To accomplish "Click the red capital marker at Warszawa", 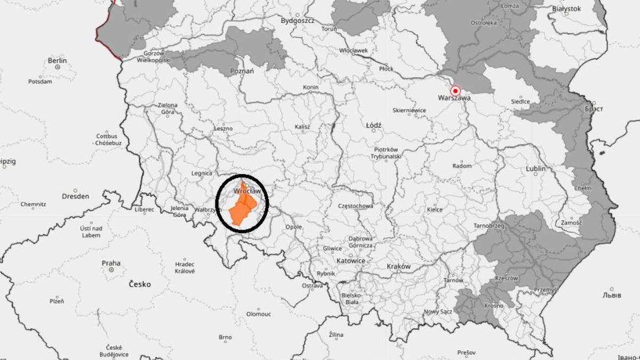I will (455, 90).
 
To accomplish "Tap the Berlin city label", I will (57, 61).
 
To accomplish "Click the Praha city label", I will (111, 263).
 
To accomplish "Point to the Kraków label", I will (399, 266).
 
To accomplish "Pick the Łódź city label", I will (374, 125).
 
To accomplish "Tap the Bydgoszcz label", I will (298, 21).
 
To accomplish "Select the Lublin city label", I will (535, 169).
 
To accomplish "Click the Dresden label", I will (75, 196).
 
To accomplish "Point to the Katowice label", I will (351, 261).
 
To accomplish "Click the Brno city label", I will (225, 337).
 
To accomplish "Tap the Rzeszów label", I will (507, 278).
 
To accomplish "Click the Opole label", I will (293, 227).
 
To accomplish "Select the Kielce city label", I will (435, 210).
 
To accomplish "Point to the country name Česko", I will (140, 284).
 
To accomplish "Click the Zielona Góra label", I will (167, 109).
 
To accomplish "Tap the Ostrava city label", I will (313, 286).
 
